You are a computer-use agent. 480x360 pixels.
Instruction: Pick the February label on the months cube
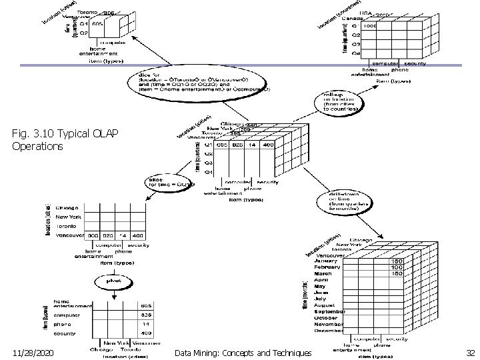click(x=329, y=267)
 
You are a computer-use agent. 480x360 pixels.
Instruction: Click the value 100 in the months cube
click(x=398, y=267)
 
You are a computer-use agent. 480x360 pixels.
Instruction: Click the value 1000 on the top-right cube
click(x=371, y=27)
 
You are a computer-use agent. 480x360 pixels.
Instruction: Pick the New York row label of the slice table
click(x=70, y=217)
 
